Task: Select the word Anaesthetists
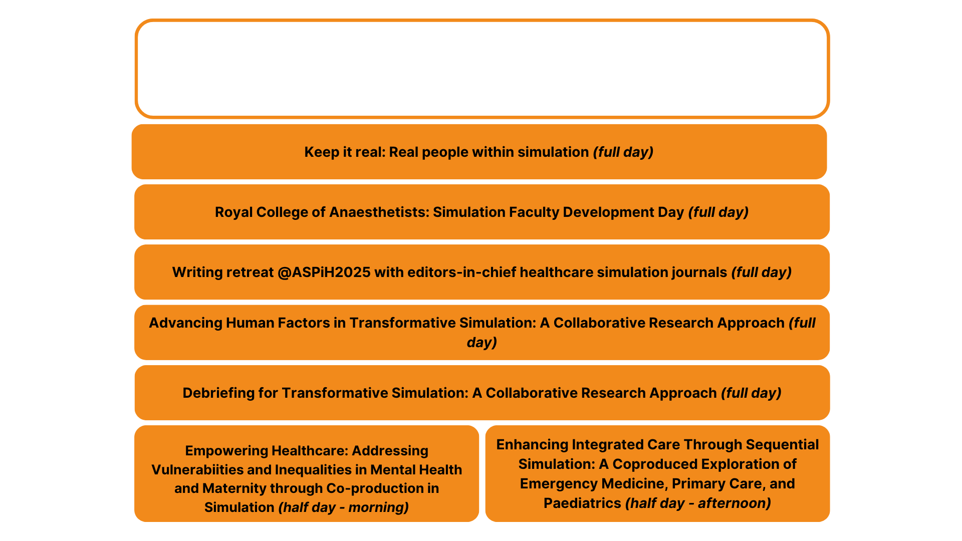pos(379,212)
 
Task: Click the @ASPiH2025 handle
pos(324,272)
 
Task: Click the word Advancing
pos(185,323)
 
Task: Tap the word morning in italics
pos(378,507)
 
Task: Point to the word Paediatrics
pos(582,503)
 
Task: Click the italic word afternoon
pos(734,503)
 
